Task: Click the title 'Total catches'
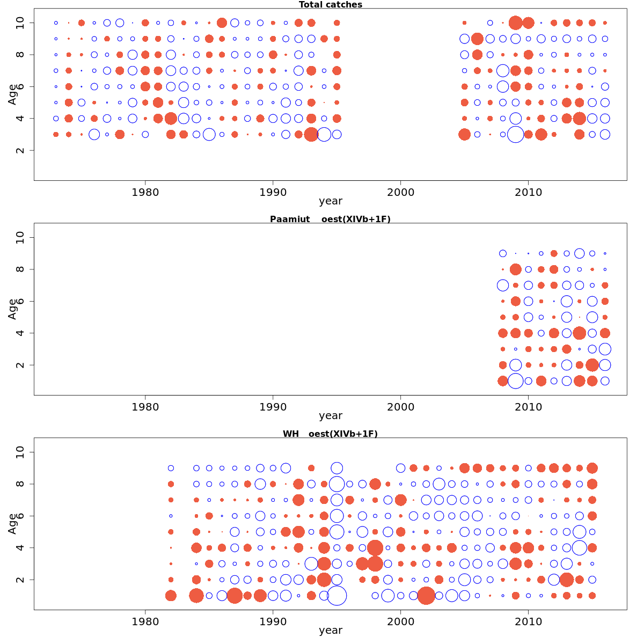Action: tap(330, 5)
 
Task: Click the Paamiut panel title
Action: tap(330, 219)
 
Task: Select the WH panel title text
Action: tap(330, 434)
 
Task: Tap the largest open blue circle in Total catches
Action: tap(515, 134)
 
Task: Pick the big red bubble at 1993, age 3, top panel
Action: tap(311, 134)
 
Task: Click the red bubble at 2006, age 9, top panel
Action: tap(477, 39)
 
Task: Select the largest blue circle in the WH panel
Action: tap(336, 595)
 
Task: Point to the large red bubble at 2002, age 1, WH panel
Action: tap(426, 595)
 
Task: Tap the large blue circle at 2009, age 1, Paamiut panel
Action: tap(515, 381)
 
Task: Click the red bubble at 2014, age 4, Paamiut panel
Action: tap(579, 333)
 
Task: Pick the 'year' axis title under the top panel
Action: tap(330, 201)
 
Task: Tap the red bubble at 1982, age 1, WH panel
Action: tap(171, 595)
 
